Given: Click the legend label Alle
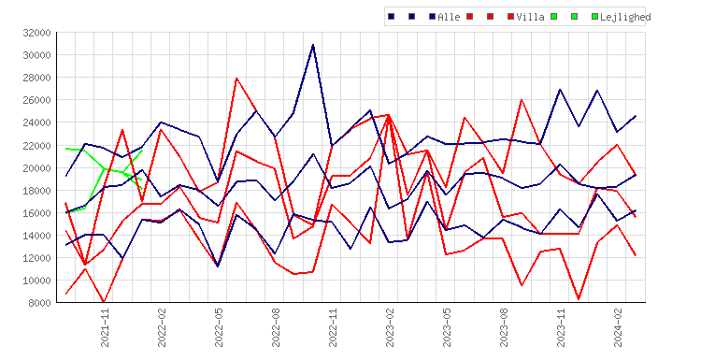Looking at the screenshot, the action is coord(449,17).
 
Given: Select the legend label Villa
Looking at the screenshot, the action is coord(530,17).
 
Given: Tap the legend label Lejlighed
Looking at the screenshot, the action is coord(625,17).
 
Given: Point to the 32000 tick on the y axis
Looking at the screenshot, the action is coord(37,33).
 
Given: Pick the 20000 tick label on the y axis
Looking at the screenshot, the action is coord(37,168).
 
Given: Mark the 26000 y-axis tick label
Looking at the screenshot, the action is coord(37,100).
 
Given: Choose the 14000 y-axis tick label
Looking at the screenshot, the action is coord(37,236).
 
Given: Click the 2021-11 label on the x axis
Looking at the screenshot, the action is coord(105,327).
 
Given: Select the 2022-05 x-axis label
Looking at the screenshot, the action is coord(219,327).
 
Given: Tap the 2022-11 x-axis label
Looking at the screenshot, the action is coord(333,327).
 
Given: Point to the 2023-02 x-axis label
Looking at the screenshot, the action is coord(390,327).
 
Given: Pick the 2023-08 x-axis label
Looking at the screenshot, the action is coord(504,327).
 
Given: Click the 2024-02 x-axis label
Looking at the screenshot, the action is coord(618,327).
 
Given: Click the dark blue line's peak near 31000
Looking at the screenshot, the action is coord(313,45).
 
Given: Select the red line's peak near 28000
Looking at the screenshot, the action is coord(236,79).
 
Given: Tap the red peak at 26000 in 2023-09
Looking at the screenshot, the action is coord(522,100).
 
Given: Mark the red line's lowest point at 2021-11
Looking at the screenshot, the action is coord(104,302).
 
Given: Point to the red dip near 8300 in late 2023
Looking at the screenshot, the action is coord(579,298).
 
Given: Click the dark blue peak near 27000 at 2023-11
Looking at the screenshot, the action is coord(560,90).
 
